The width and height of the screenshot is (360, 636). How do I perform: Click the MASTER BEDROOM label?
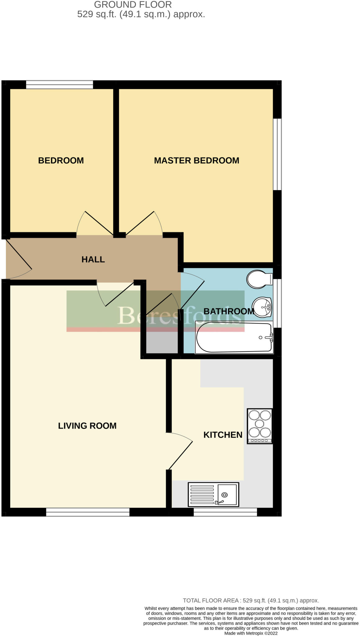click(x=196, y=161)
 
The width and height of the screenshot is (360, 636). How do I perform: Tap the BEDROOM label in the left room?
click(x=61, y=161)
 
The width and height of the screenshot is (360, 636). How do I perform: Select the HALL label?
click(x=93, y=260)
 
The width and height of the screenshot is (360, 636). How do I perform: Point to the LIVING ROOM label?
click(x=87, y=426)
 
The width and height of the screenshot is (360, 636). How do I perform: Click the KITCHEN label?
click(x=223, y=435)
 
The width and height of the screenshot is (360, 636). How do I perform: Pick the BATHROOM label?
click(x=229, y=311)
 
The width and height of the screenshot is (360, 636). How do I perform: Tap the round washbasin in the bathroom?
click(x=262, y=307)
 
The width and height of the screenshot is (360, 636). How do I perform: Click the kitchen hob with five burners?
click(x=260, y=426)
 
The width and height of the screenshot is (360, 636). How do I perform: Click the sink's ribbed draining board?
click(x=202, y=494)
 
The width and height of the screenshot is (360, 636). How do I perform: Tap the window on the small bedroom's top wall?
click(x=59, y=84)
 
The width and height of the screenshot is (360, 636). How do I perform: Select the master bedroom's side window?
click(x=277, y=154)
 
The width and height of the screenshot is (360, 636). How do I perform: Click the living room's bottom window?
click(x=88, y=512)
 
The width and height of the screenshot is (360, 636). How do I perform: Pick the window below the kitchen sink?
click(x=225, y=512)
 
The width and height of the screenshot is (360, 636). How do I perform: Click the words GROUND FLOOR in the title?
click(x=133, y=5)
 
